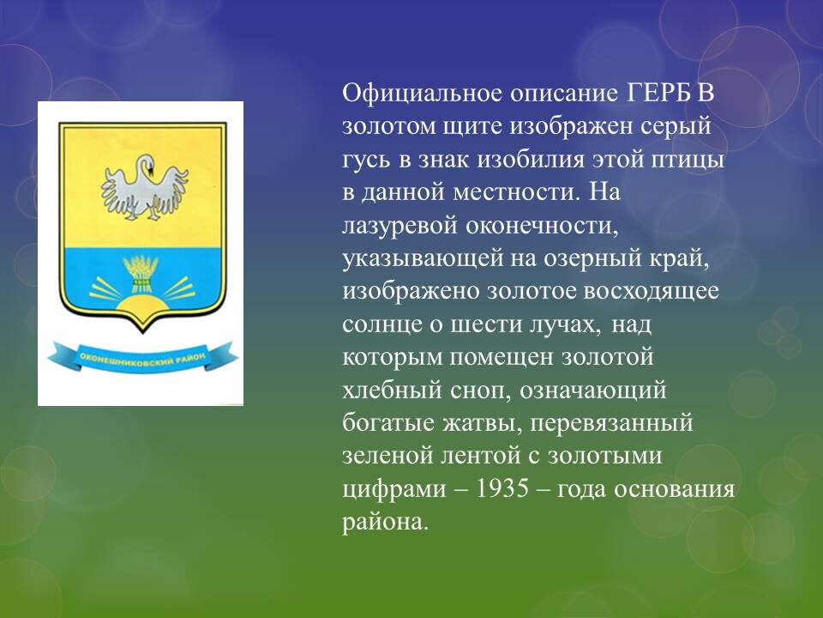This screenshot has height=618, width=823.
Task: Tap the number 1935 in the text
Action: point(502,488)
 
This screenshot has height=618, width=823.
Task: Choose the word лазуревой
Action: point(399,226)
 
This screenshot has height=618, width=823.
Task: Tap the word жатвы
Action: point(483,423)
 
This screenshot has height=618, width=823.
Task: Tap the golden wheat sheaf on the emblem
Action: point(141,273)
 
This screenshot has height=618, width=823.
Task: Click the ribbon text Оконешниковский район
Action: point(142,360)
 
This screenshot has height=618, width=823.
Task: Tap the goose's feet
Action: point(141,214)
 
